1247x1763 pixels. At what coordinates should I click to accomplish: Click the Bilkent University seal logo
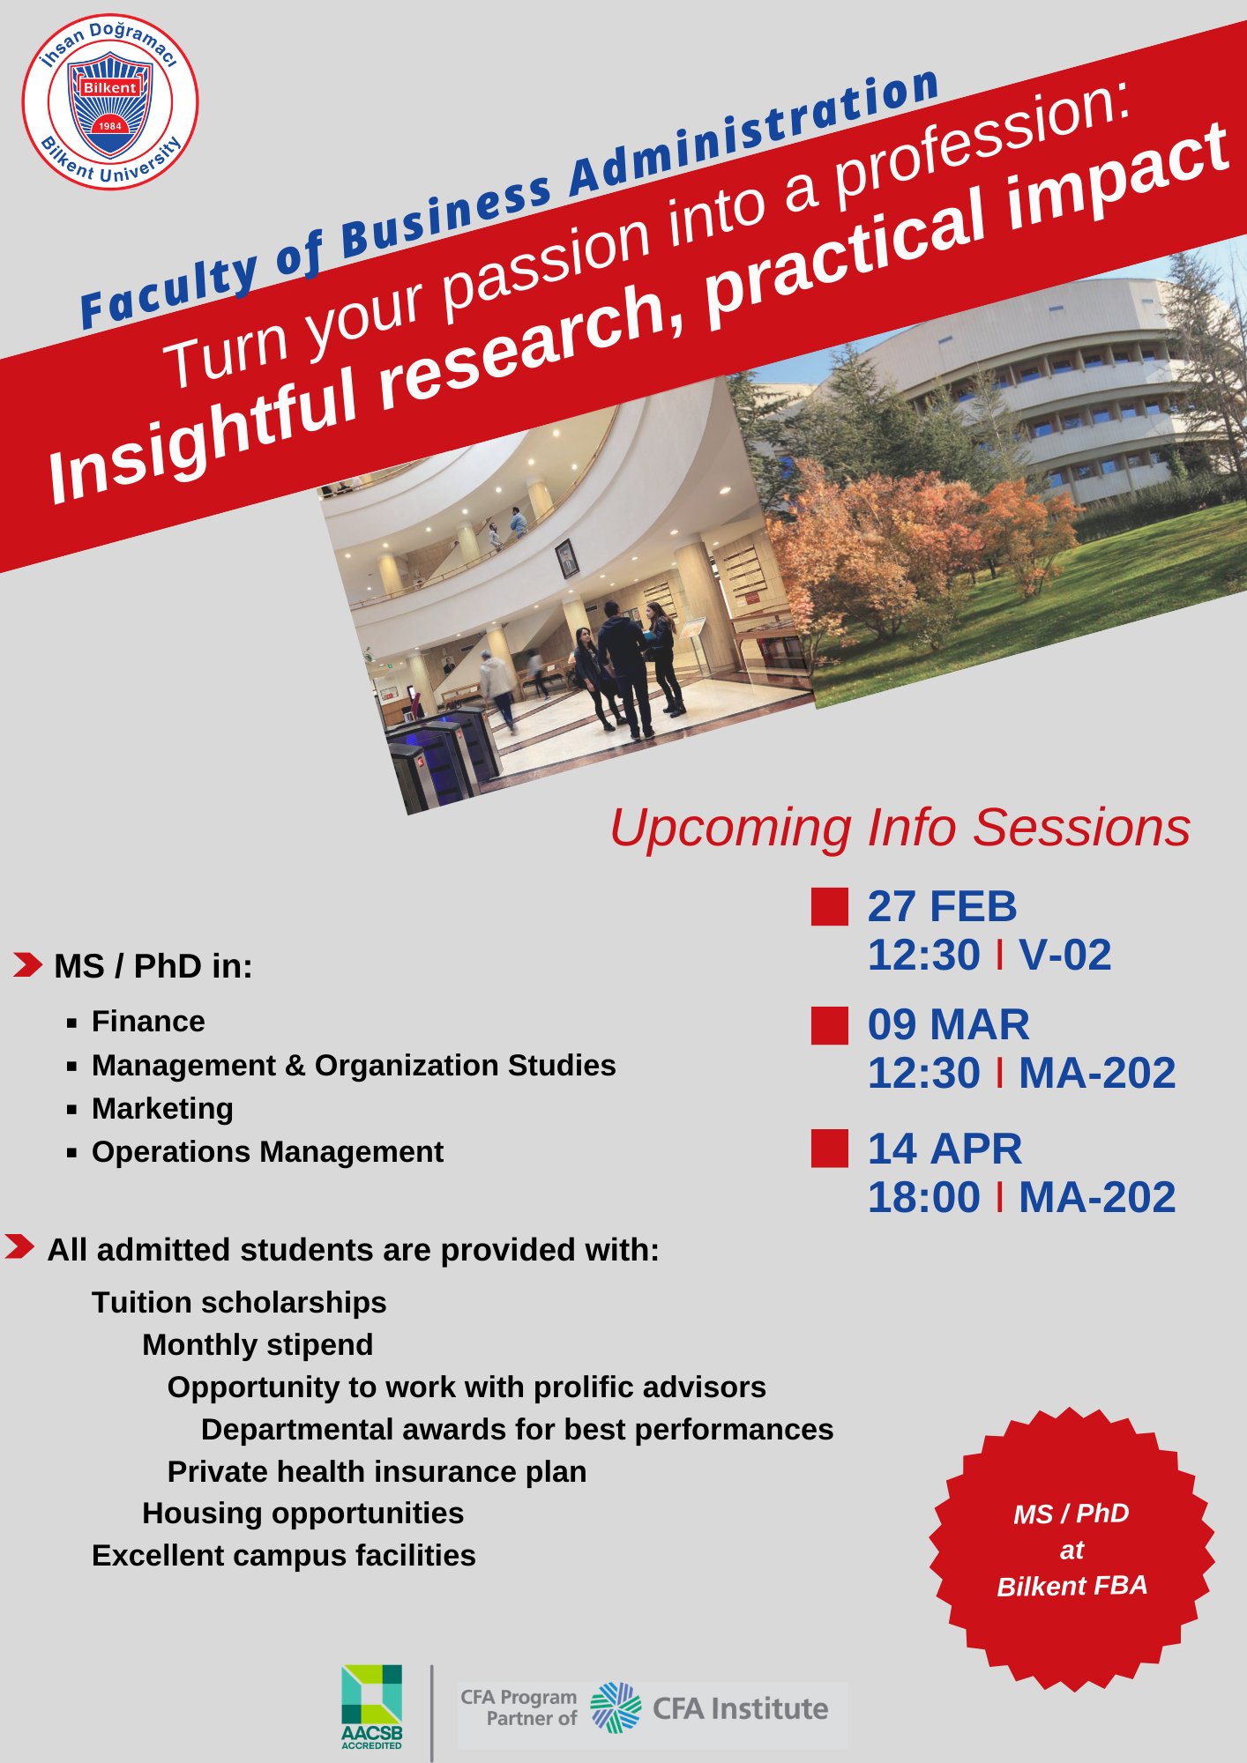(110, 101)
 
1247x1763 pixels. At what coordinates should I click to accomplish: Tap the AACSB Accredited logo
(372, 1707)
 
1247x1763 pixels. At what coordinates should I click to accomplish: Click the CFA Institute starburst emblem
(616, 1707)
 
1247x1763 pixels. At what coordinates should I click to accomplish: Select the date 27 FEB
(942, 906)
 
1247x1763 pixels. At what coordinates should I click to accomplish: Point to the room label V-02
(1064, 955)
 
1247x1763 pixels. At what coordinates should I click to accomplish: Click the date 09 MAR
(948, 1024)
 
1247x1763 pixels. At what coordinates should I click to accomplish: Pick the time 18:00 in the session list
(923, 1197)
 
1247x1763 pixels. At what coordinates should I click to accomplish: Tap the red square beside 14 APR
(830, 1149)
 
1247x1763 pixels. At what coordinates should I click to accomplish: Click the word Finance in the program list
(148, 1021)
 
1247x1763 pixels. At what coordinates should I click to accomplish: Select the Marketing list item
(162, 1108)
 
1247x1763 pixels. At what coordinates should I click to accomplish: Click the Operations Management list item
(267, 1151)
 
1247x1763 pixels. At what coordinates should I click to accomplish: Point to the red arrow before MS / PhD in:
(27, 964)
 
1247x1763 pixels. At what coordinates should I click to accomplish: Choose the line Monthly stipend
(258, 1344)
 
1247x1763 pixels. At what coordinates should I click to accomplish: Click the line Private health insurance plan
(377, 1471)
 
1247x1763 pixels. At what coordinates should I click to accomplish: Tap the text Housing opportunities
(302, 1513)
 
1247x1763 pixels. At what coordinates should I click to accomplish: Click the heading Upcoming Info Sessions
(900, 828)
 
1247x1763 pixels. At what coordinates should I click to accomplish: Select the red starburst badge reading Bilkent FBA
(1072, 1549)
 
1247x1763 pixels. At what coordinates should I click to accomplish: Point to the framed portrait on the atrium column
(567, 559)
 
